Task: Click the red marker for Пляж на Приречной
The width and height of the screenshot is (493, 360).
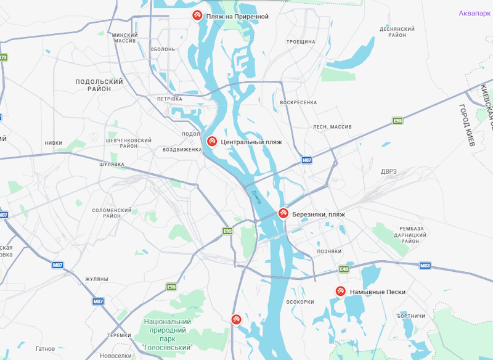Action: (x=197, y=15)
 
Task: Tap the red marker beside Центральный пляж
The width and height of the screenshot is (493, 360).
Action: (x=211, y=142)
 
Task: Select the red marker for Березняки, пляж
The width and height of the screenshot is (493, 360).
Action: (x=283, y=214)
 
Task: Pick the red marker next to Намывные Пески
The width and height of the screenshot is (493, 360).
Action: (x=340, y=291)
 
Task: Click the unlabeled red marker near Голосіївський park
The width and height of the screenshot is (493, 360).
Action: (x=236, y=319)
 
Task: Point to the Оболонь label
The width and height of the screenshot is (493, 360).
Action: (x=163, y=49)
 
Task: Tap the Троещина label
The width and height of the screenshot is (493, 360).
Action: (x=301, y=42)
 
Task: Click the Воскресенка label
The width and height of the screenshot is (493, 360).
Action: (x=298, y=102)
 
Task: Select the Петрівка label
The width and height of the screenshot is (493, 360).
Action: (x=169, y=99)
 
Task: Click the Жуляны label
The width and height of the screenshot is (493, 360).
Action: (x=96, y=279)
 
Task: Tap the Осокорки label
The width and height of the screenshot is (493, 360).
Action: (x=301, y=302)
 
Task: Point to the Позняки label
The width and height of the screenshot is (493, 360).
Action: (x=329, y=252)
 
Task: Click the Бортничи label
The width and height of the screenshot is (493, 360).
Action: (x=411, y=316)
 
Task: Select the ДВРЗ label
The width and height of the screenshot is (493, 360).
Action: (x=389, y=171)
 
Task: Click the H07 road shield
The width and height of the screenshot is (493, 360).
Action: (x=307, y=160)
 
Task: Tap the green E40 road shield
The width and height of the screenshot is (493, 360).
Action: (x=344, y=269)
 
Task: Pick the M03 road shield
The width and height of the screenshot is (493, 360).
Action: (x=425, y=266)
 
